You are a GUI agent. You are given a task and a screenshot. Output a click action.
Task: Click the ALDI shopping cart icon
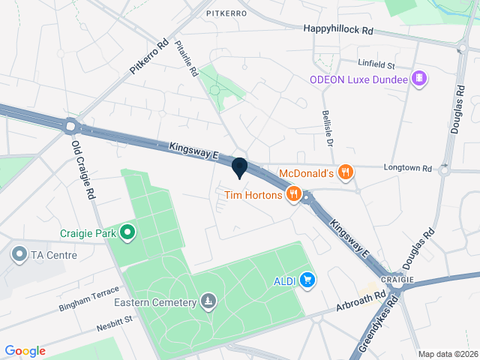(x=307, y=280)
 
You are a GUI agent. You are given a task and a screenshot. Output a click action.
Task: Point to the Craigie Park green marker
(x=127, y=233)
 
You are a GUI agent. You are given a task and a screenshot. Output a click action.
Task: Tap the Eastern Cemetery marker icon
(x=208, y=302)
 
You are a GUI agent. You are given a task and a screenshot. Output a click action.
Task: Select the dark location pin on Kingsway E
(x=239, y=168)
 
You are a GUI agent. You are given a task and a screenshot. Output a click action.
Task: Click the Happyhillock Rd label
(x=338, y=28)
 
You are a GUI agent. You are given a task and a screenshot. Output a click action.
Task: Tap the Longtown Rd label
(x=409, y=168)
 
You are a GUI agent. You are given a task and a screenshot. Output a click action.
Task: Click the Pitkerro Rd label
(x=150, y=57)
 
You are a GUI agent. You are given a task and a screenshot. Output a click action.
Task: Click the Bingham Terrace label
(x=88, y=299)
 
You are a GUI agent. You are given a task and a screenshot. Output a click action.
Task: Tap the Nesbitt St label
(x=114, y=323)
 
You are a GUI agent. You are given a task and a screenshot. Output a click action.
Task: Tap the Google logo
(x=25, y=350)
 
